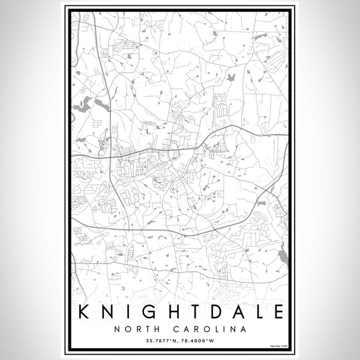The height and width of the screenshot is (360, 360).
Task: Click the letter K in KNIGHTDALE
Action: tap(84, 312)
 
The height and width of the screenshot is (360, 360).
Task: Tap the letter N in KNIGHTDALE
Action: tap(109, 312)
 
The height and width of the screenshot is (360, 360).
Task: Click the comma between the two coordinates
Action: tap(179, 342)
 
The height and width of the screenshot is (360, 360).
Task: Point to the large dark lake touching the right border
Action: tap(283, 257)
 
